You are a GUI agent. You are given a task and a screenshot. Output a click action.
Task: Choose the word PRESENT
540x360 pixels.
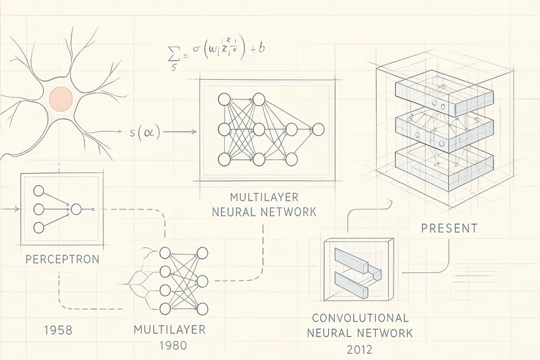pyautogui.click(x=449, y=229)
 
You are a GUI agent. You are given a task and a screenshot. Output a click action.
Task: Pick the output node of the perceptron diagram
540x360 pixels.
pyautogui.click(x=76, y=209)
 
